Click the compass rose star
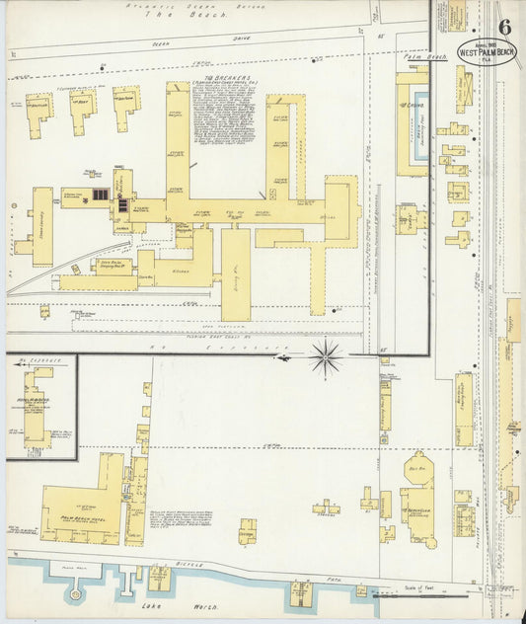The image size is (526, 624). pos(326,356)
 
